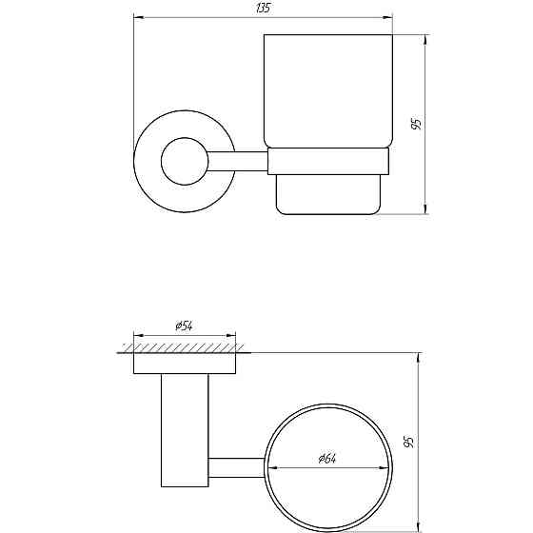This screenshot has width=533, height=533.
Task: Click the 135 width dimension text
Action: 263,9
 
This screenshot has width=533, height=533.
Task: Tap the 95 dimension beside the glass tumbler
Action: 416,125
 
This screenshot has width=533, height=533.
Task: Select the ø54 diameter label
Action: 185,326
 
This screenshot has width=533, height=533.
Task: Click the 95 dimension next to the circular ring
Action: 409,442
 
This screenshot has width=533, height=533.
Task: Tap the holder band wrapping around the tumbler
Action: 329,162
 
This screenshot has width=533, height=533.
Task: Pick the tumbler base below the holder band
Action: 329,195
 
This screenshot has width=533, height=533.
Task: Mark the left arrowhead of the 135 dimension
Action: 137,17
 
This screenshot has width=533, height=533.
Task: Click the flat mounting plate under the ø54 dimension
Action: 185,364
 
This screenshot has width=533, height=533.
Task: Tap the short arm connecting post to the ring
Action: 235,466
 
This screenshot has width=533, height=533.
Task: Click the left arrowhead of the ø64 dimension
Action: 270,466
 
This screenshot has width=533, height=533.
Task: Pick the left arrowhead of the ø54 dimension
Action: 136,335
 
